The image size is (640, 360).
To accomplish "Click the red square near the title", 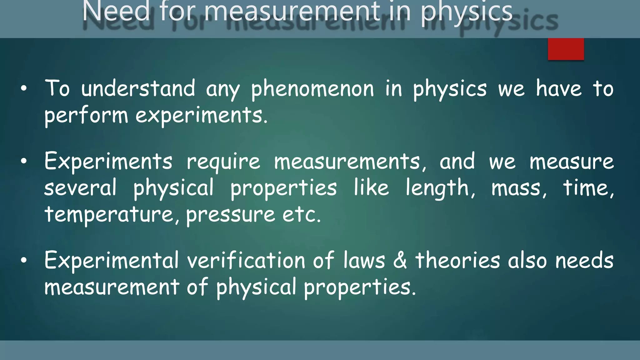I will (x=566, y=49).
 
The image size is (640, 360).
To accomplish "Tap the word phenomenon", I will (x=312, y=89).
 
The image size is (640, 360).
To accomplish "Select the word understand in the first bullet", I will (x=138, y=88).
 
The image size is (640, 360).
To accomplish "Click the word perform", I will (x=86, y=116).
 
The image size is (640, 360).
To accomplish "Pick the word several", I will (x=80, y=188).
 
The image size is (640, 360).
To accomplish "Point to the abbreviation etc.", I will (x=301, y=215).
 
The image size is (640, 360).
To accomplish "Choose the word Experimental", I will (x=111, y=261).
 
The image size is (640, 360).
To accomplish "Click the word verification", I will (x=246, y=261).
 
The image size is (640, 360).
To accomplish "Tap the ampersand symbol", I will (x=400, y=261).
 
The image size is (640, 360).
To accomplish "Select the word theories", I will (x=457, y=261).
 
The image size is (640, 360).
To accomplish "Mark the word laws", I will (x=364, y=261).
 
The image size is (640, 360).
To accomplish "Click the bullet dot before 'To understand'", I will (x=24, y=89).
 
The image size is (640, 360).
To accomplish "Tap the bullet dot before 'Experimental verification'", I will (x=24, y=261).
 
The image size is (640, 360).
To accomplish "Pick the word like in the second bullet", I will (x=371, y=188).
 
